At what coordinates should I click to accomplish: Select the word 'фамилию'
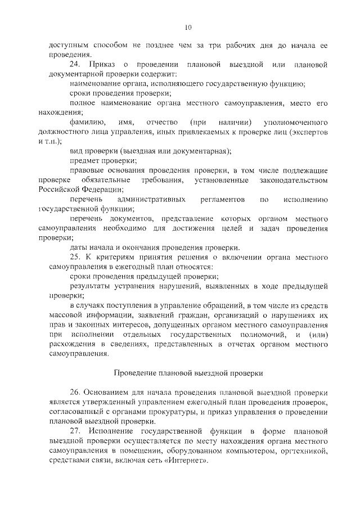coord(85,122)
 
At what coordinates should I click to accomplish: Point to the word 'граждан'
coord(192,315)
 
